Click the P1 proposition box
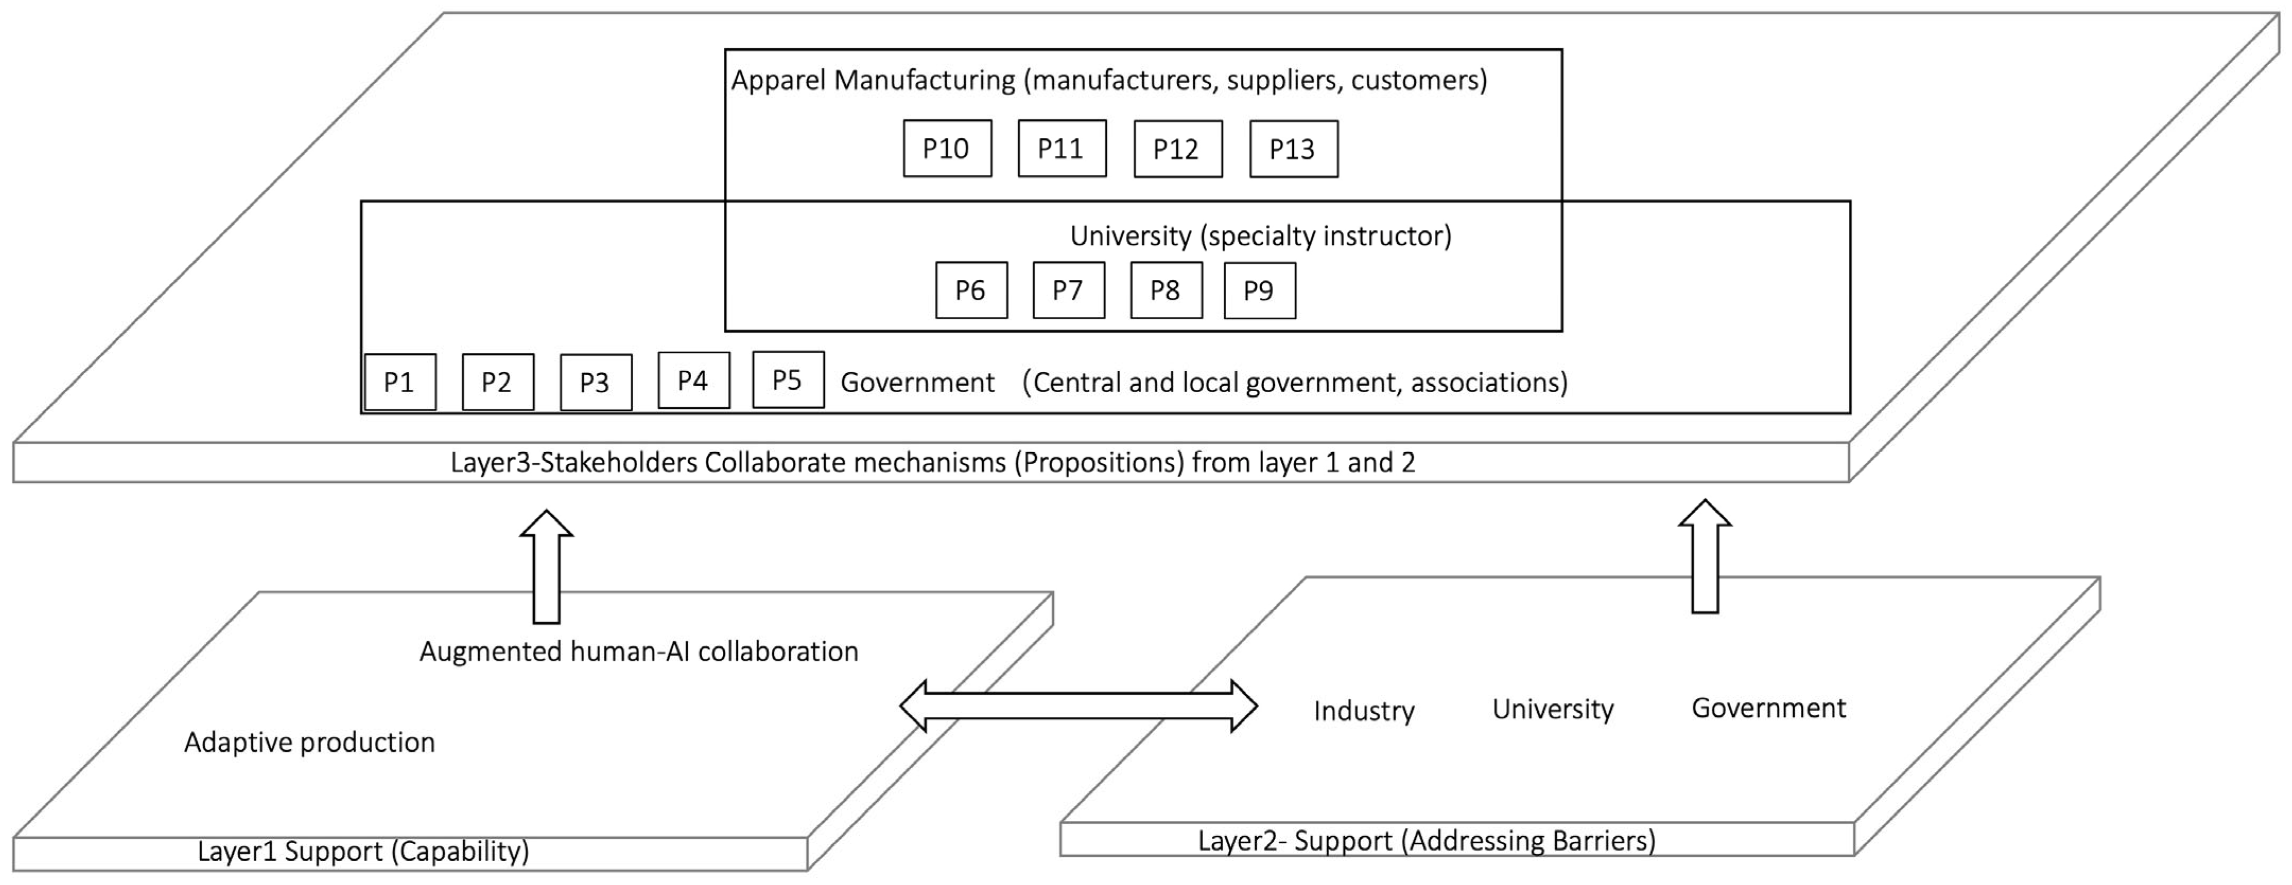(400, 383)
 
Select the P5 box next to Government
(788, 380)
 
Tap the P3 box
(595, 383)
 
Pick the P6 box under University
(971, 290)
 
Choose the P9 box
(1259, 290)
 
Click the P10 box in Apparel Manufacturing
(947, 148)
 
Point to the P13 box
(1293, 148)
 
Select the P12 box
(1177, 148)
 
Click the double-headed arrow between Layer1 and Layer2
(1078, 706)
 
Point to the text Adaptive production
(310, 742)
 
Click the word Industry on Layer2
(1363, 711)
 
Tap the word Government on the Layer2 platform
(1768, 708)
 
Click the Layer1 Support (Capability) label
(363, 851)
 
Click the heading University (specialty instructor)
(1260, 236)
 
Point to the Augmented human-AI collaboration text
(639, 651)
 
